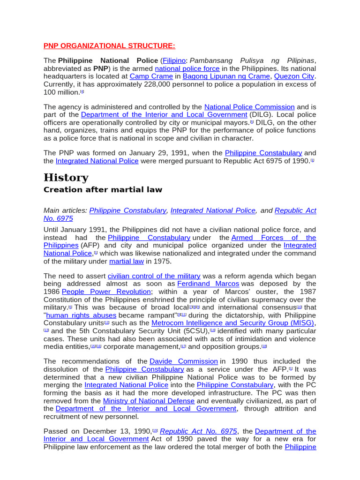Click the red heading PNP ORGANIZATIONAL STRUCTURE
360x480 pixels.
[109, 45]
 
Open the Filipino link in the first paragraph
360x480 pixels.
[174, 61]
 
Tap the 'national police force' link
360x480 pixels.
[187, 68]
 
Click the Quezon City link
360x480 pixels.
[294, 76]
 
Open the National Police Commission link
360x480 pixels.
[249, 107]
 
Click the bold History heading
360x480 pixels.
[66, 178]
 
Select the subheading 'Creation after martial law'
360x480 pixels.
[103, 189]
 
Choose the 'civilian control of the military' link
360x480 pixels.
[154, 276]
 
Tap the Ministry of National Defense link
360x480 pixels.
[149, 401]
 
